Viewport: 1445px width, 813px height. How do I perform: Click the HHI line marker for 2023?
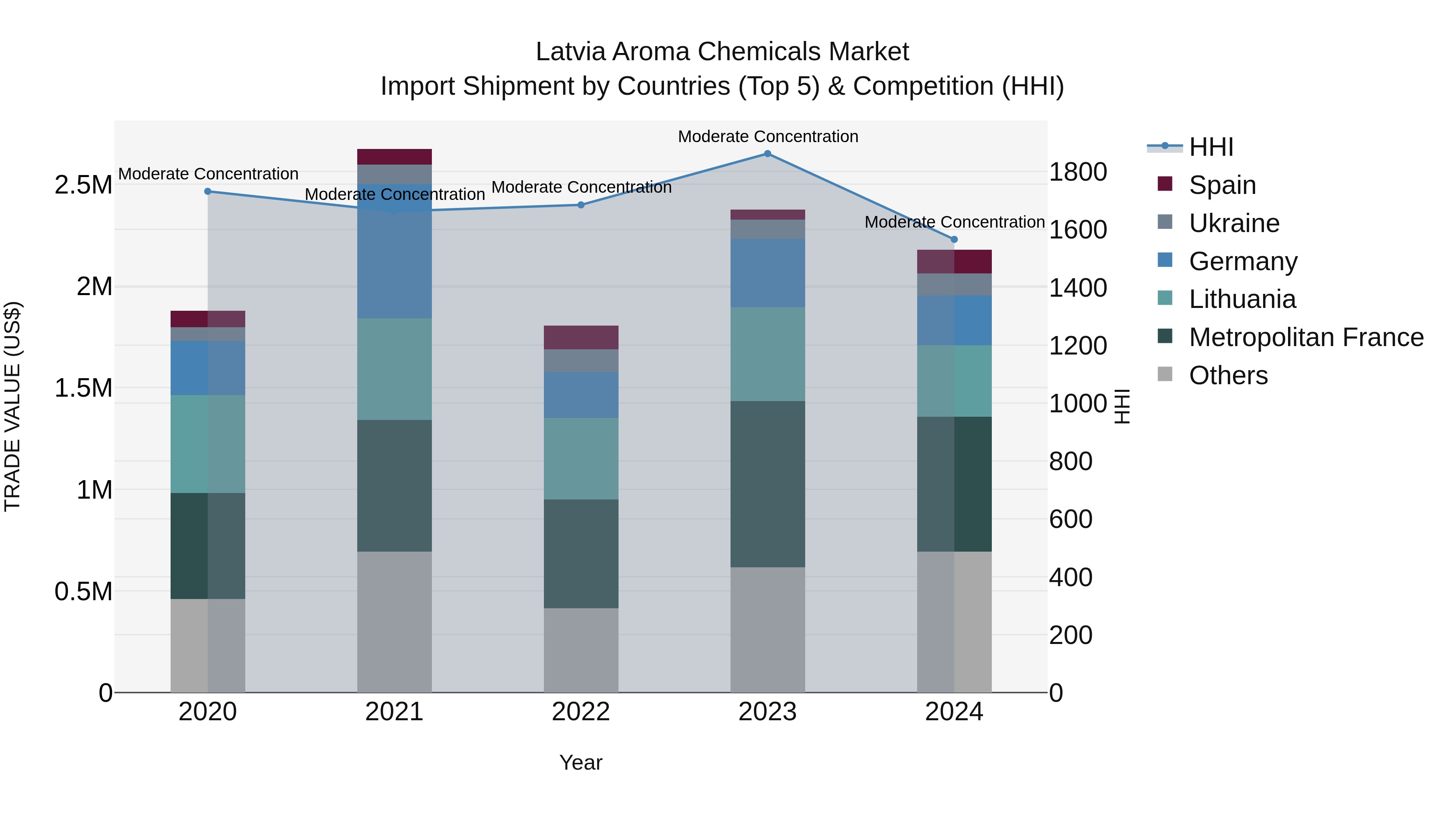coord(767,154)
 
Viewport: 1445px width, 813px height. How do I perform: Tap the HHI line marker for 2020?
coord(208,192)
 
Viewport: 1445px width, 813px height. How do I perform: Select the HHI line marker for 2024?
coord(954,240)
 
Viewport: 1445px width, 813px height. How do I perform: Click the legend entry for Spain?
coord(1222,185)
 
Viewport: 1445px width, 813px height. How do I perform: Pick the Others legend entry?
coord(1228,375)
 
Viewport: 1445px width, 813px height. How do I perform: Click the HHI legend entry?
coord(1211,147)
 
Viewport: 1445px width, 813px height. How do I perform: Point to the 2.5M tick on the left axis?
coord(83,185)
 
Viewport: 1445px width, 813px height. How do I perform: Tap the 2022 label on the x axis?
coord(580,712)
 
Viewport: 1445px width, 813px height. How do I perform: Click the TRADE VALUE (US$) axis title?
coord(12,406)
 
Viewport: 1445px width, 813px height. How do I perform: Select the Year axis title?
coord(580,762)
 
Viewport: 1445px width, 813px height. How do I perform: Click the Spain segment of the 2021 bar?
coord(394,157)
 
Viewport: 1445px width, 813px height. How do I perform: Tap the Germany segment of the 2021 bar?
coord(394,251)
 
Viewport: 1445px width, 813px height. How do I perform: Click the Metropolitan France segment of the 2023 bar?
coord(767,484)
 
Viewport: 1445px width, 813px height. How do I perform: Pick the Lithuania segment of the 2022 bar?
coord(580,458)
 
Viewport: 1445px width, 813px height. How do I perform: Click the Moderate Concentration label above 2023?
coord(767,137)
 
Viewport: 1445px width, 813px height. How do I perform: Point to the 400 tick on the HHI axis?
coord(1070,577)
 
